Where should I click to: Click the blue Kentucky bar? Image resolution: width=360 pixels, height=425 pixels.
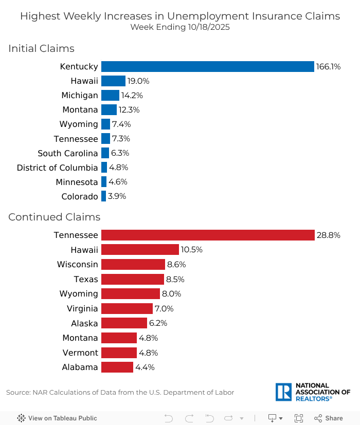pos(207,66)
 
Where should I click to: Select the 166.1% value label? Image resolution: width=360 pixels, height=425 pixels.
pos(329,66)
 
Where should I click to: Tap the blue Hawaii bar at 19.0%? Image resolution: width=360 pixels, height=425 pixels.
pos(113,81)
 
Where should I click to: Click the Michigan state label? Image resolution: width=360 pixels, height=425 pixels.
pos(79,95)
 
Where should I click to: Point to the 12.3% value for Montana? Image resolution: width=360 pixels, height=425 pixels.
pos(129,109)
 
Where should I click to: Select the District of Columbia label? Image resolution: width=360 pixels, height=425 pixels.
pos(57,168)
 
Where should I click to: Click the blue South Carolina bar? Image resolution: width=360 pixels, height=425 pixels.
pos(105,153)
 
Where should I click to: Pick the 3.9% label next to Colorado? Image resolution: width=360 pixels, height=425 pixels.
pos(117,196)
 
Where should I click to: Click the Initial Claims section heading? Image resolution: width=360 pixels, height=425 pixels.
pos(41,48)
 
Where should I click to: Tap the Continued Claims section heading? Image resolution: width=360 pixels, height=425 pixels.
pos(54,217)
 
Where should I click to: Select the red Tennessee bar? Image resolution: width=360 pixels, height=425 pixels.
pos(207,235)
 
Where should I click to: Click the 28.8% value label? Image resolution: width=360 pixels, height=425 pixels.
pos(328,235)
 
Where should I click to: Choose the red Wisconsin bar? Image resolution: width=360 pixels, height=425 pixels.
pos(133,264)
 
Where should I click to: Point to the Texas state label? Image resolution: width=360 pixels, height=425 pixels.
pos(85,279)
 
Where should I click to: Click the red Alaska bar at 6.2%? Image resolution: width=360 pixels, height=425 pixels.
pos(124,323)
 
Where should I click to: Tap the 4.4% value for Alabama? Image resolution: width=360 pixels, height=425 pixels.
pos(145,367)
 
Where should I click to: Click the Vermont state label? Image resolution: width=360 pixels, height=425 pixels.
pos(80,353)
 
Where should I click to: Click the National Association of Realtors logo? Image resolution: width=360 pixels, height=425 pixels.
pos(313,392)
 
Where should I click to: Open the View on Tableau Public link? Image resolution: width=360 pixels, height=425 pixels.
pos(57,418)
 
